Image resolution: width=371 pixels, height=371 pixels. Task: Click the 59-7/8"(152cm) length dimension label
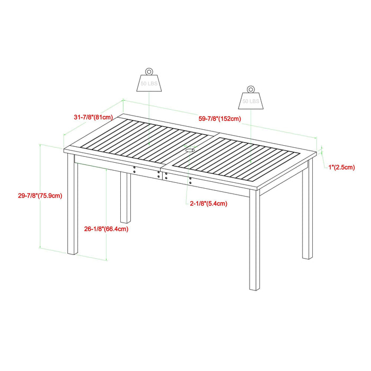[220, 118]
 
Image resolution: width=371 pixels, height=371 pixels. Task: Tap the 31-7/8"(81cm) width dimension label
[93, 117]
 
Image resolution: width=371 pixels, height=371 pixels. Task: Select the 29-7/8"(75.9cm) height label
[40, 196]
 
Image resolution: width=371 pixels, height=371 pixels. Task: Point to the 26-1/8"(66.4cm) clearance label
[106, 229]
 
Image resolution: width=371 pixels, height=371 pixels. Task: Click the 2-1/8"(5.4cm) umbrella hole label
[209, 204]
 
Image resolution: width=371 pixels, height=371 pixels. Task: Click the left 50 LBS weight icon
[148, 82]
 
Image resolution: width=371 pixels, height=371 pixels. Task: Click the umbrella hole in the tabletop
[189, 151]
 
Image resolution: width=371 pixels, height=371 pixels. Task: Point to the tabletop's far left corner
[124, 114]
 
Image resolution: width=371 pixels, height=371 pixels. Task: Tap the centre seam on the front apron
[162, 174]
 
